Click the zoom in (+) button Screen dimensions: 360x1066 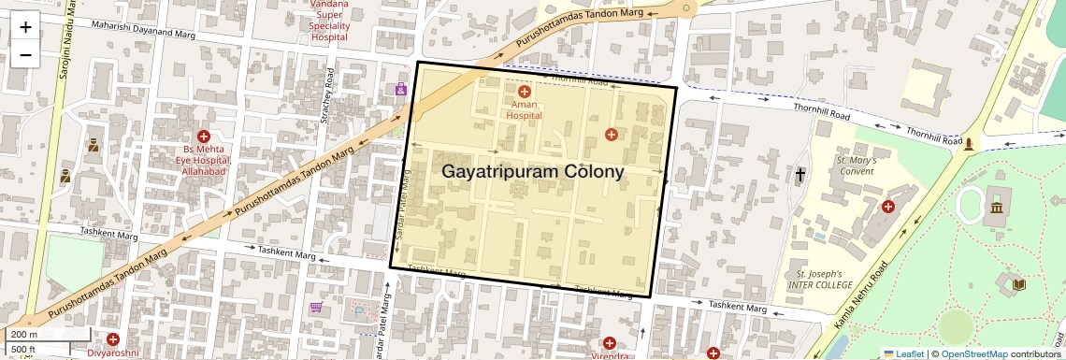coord(25,26)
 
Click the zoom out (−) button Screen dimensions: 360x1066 coord(25,54)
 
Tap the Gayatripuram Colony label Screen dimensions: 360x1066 coord(532,172)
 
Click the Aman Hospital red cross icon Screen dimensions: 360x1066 coord(524,93)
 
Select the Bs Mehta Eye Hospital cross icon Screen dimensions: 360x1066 coord(204,137)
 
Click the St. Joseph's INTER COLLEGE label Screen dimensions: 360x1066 coord(814,279)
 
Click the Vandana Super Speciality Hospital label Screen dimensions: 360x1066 coord(329,21)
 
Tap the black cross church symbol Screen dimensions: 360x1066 coord(800,174)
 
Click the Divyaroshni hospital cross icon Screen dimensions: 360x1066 coord(113,339)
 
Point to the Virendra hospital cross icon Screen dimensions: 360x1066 coord(610,343)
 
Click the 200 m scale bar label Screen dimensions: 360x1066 coord(24,334)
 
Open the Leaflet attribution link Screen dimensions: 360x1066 coord(903,353)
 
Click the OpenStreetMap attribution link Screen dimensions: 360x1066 coord(973,353)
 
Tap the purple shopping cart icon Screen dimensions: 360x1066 coord(316,307)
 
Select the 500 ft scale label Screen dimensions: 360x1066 coord(23,350)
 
